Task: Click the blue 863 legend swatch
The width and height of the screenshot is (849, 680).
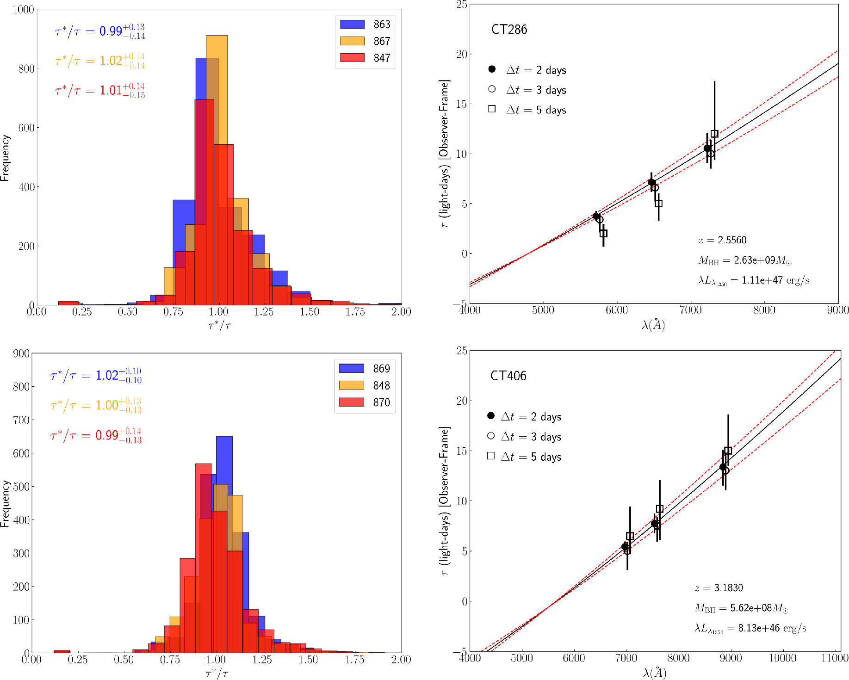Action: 352,25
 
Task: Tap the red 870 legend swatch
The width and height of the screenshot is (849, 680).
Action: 351,402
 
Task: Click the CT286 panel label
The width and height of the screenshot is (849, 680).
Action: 509,30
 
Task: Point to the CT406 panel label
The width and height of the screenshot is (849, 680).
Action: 508,376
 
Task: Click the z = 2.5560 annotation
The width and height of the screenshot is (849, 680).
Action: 722,240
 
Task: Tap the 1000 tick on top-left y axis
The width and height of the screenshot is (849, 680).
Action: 23,10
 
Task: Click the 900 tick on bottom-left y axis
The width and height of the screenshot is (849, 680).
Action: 21,354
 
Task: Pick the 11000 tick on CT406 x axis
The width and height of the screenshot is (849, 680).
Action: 835,658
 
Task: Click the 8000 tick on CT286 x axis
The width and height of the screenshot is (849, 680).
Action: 764,310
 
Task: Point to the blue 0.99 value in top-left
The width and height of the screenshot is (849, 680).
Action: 111,31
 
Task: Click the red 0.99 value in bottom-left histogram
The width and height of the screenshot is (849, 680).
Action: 107,436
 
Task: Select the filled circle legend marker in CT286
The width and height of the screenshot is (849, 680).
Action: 492,69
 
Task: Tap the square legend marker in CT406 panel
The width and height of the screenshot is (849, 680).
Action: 491,456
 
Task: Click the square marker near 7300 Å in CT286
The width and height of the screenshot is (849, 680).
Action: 714,134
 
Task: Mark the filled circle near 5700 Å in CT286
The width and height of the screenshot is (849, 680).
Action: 596,216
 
